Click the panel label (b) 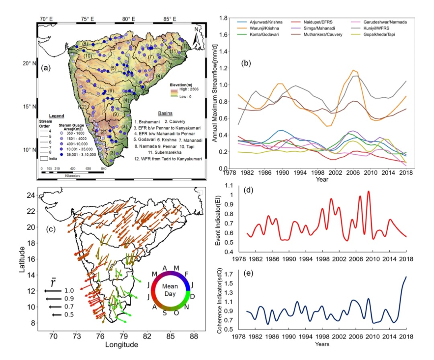coord(246,63)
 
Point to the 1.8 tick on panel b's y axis coord(223,18)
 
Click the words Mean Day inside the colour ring coord(170,291)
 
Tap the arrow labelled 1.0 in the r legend coord(53,290)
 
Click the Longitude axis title coord(122,345)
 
